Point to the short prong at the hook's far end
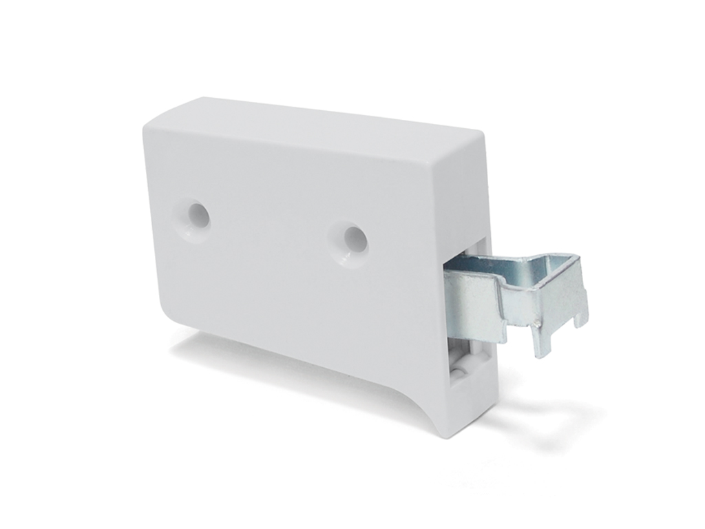582,313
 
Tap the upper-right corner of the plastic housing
482,138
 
